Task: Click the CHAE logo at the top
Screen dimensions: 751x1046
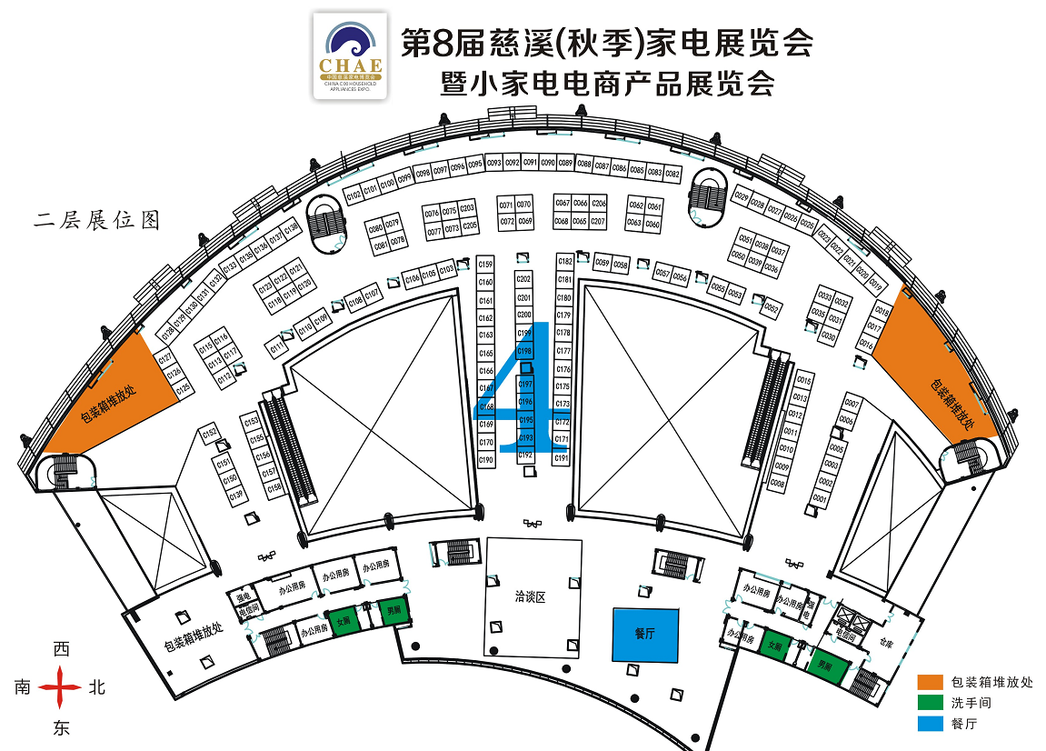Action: coord(351,55)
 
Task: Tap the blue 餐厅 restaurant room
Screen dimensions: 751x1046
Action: coord(644,634)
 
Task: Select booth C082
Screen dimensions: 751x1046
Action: coord(672,173)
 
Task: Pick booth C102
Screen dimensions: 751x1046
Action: coord(354,194)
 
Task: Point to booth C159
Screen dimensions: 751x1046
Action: coord(485,265)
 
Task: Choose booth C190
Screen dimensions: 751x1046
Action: coord(485,460)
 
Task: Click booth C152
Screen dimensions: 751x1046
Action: coord(211,433)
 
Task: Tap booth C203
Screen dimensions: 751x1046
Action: coord(468,208)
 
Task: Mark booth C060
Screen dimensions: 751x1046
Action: coord(653,224)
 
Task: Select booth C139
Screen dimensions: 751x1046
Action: coord(236,495)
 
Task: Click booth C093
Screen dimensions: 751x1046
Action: coord(494,163)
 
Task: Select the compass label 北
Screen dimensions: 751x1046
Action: coord(96,687)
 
